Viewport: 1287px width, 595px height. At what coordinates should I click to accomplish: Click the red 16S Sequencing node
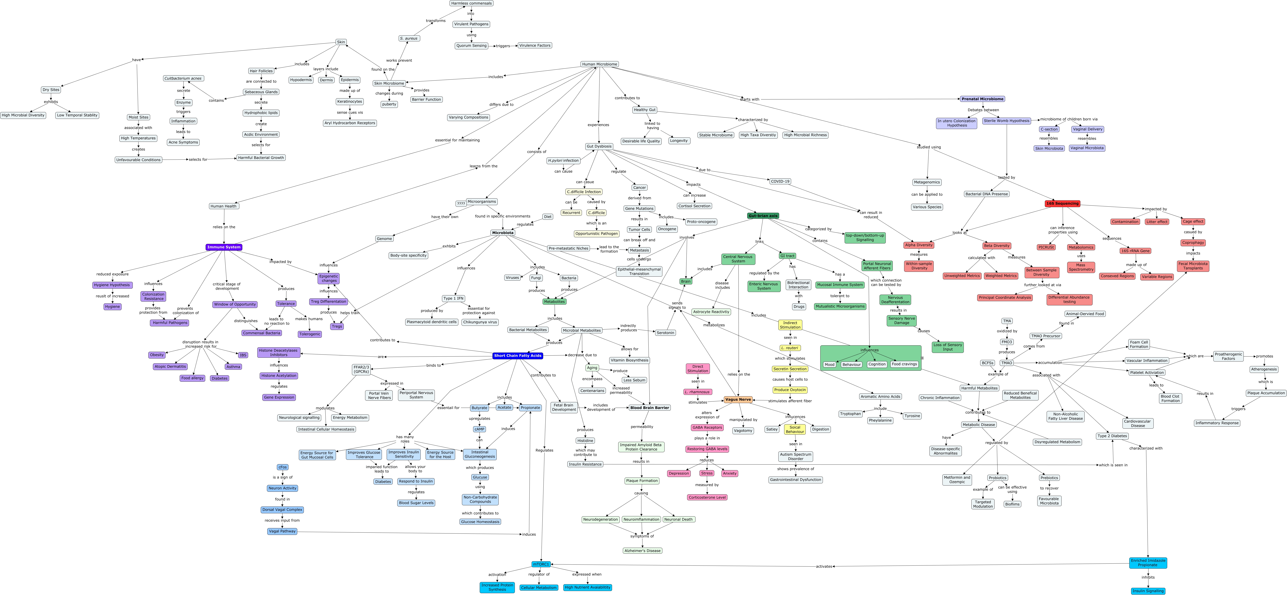pyautogui.click(x=1063, y=204)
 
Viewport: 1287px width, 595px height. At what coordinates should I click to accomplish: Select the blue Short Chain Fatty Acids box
pyautogui.click(x=518, y=356)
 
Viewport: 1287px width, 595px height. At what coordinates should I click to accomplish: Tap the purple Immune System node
pyautogui.click(x=224, y=247)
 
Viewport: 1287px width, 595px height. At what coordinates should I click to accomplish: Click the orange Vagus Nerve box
pyautogui.click(x=738, y=399)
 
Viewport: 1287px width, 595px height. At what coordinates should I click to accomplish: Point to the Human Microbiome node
pyautogui.click(x=599, y=64)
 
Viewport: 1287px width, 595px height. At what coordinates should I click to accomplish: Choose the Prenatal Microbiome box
pyautogui.click(x=982, y=99)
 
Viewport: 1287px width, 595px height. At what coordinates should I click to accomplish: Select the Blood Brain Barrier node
pyautogui.click(x=650, y=407)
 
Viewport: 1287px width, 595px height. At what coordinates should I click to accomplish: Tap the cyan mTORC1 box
pyautogui.click(x=541, y=564)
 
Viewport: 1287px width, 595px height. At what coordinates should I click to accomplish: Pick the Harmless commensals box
pyautogui.click(x=471, y=3)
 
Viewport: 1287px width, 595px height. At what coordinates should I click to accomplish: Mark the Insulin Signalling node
pyautogui.click(x=1148, y=591)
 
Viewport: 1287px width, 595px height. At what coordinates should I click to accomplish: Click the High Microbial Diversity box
pyautogui.click(x=23, y=115)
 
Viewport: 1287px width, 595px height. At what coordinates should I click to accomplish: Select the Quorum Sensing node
pyautogui.click(x=471, y=46)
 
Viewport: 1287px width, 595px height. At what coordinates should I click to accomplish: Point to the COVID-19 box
pyautogui.click(x=780, y=182)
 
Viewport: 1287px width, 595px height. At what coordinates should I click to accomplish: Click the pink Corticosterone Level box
pyautogui.click(x=707, y=498)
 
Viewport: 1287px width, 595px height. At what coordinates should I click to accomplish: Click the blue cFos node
pyautogui.click(x=282, y=467)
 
